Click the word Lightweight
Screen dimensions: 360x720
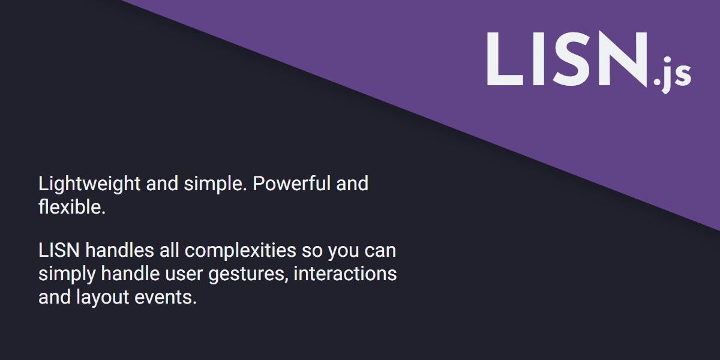[90, 184]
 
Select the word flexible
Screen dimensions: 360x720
[72, 208]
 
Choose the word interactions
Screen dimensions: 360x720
[345, 274]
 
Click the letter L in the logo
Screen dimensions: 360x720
[504, 59]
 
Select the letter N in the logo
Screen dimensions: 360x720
[622, 59]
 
